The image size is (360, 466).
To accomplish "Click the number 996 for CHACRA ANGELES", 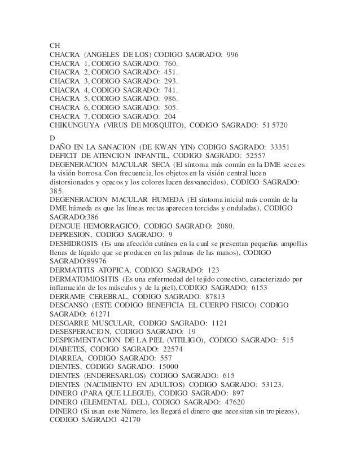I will click(x=232, y=55).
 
